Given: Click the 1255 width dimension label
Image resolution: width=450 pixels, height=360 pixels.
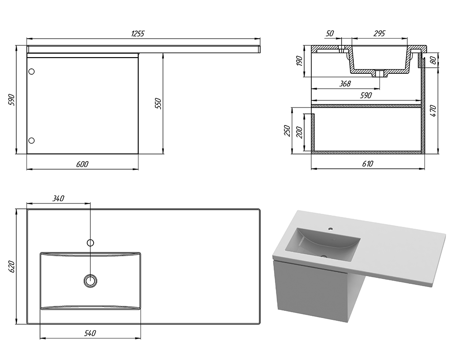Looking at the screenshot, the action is pyautogui.click(x=138, y=34).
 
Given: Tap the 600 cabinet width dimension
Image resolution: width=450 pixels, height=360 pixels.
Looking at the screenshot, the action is pyautogui.click(x=82, y=164).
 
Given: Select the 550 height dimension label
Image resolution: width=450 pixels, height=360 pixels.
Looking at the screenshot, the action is pyautogui.click(x=158, y=103).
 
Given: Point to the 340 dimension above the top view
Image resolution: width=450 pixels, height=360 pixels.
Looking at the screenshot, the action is pyautogui.click(x=58, y=198).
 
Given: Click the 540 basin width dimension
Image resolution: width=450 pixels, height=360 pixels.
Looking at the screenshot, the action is pyautogui.click(x=90, y=333).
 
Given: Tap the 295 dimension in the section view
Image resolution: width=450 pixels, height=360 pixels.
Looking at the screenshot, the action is pyautogui.click(x=379, y=34).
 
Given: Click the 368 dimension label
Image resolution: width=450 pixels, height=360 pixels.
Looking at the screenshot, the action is pyautogui.click(x=345, y=84).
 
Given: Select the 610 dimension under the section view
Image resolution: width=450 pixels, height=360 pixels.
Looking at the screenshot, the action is pyautogui.click(x=368, y=164).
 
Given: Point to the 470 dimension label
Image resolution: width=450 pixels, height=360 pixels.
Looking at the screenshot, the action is pyautogui.click(x=433, y=111).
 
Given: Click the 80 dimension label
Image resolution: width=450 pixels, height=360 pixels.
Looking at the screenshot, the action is pyautogui.click(x=434, y=60).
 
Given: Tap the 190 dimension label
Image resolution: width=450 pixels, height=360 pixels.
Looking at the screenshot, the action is pyautogui.click(x=299, y=61).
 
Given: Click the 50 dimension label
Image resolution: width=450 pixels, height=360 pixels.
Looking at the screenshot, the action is pyautogui.click(x=330, y=34).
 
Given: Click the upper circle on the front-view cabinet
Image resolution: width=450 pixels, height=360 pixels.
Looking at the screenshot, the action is pyautogui.click(x=31, y=72).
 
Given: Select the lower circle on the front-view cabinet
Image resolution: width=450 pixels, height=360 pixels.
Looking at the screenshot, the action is pyautogui.click(x=31, y=140).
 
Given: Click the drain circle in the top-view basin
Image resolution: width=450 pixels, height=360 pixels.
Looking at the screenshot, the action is pyautogui.click(x=90, y=280).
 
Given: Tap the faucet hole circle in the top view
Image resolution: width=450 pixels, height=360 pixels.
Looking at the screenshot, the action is pyautogui.click(x=90, y=243).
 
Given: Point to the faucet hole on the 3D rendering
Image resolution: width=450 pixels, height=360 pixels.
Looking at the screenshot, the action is pyautogui.click(x=331, y=229).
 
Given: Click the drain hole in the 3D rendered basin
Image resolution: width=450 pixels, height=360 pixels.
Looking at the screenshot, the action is pyautogui.click(x=324, y=256).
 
